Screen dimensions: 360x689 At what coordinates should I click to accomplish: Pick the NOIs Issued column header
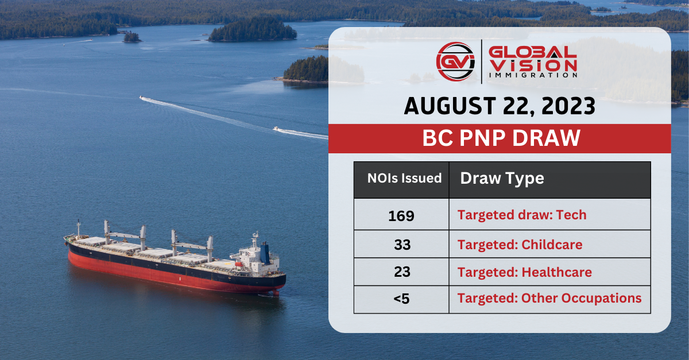click(x=404, y=179)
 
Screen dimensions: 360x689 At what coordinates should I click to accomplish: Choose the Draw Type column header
click(x=502, y=179)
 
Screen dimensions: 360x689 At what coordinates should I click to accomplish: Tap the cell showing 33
click(x=402, y=245)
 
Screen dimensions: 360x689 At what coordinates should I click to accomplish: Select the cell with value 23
click(x=402, y=272)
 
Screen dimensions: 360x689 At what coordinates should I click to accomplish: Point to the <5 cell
click(x=401, y=299)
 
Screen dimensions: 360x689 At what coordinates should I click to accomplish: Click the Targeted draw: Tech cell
click(x=522, y=215)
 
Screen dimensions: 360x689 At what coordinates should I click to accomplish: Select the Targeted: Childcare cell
click(x=520, y=245)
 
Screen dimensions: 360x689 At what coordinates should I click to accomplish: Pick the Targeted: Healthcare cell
click(x=524, y=272)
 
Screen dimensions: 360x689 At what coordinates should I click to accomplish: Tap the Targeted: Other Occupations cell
click(x=549, y=299)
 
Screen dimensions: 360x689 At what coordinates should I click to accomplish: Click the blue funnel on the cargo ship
click(x=265, y=253)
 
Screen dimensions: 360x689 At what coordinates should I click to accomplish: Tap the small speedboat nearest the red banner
click(x=277, y=129)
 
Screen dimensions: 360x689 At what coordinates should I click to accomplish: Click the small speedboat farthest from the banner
click(x=142, y=98)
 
